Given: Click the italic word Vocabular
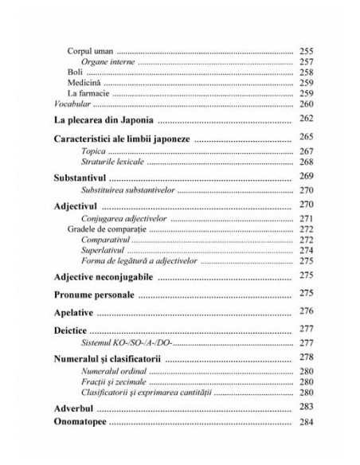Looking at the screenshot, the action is [x=70, y=104].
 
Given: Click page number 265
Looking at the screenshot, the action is [x=307, y=138].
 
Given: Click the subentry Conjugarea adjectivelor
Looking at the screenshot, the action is [x=121, y=217].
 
